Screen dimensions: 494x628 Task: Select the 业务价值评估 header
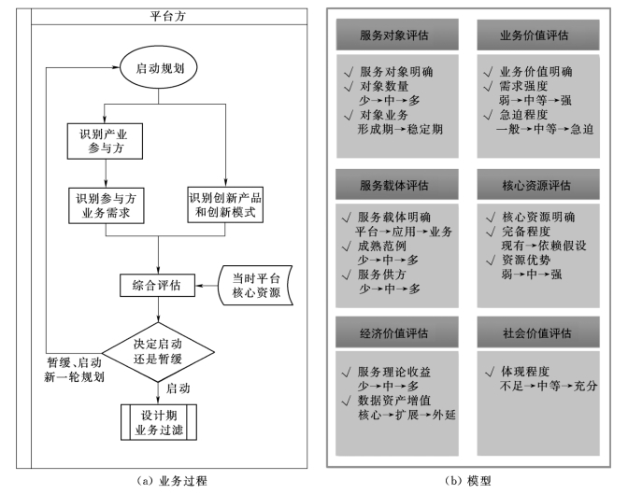535,35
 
